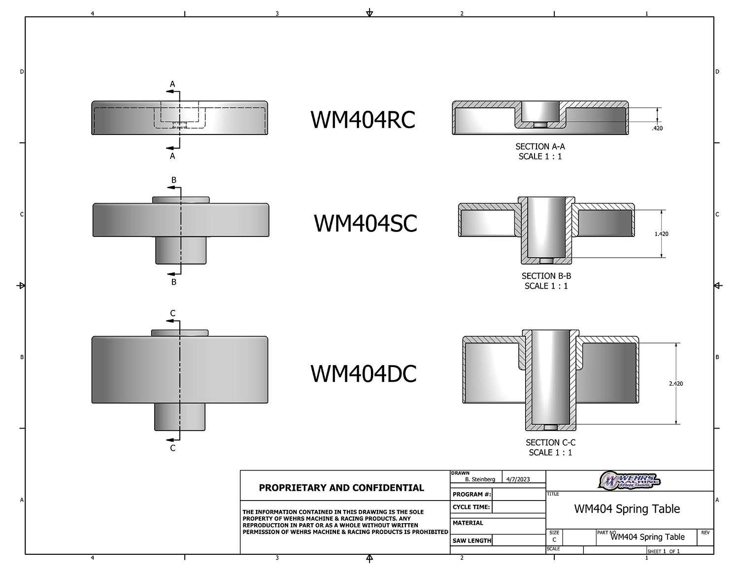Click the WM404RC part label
[x=363, y=120]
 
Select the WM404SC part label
[x=365, y=223]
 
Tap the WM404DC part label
[x=364, y=373]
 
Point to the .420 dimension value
[x=657, y=128]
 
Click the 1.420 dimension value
[x=661, y=234]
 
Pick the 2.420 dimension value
[x=676, y=383]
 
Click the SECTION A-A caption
[x=540, y=146]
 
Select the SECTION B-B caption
[x=546, y=276]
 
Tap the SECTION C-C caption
[x=550, y=442]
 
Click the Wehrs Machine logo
[x=629, y=480]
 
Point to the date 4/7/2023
[x=518, y=479]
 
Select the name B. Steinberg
[x=480, y=479]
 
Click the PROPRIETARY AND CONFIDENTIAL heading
[x=341, y=488]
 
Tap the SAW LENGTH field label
[x=471, y=540]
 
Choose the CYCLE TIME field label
[x=471, y=507]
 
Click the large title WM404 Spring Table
[x=627, y=509]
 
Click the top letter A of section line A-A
[x=172, y=84]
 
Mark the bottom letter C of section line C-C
[x=172, y=448]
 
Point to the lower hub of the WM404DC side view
[x=180, y=416]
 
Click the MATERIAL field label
[x=468, y=523]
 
